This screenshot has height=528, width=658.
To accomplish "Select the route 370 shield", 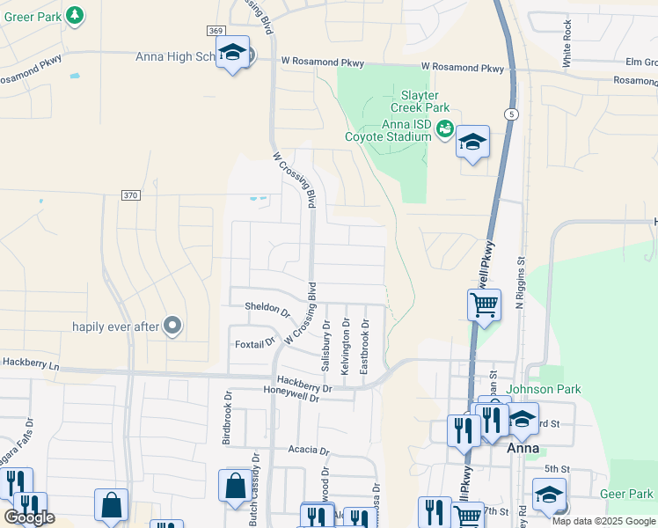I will click(130, 195).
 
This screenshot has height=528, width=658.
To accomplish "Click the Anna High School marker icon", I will click(233, 55).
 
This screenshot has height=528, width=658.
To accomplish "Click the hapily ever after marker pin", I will click(172, 326).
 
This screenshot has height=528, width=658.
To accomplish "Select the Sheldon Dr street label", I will click(267, 309).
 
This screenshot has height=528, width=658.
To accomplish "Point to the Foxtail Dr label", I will click(255, 343).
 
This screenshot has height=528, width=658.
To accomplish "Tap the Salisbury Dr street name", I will click(325, 348).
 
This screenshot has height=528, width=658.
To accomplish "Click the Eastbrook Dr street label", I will click(364, 345).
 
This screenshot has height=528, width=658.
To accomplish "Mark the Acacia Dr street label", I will click(308, 450).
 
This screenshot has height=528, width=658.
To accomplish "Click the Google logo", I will click(29, 518).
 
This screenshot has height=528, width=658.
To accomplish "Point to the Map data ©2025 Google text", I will click(603, 521).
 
